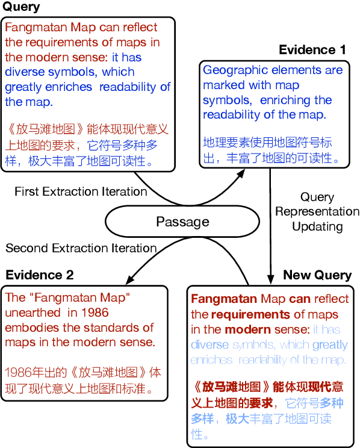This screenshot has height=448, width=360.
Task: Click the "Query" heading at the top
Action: tap(22, 7)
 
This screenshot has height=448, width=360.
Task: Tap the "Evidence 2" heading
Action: tap(40, 275)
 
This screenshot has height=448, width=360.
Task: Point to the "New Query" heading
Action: tap(317, 275)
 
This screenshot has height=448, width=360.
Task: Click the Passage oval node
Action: tap(182, 222)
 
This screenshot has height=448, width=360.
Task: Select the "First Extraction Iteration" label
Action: tap(81, 191)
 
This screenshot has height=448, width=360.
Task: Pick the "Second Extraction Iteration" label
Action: tap(81, 248)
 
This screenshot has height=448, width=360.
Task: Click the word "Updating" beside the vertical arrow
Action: tap(317, 226)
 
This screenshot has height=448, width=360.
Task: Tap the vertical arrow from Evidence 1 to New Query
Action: tap(270, 217)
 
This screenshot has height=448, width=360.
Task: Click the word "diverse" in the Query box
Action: tap(24, 72)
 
